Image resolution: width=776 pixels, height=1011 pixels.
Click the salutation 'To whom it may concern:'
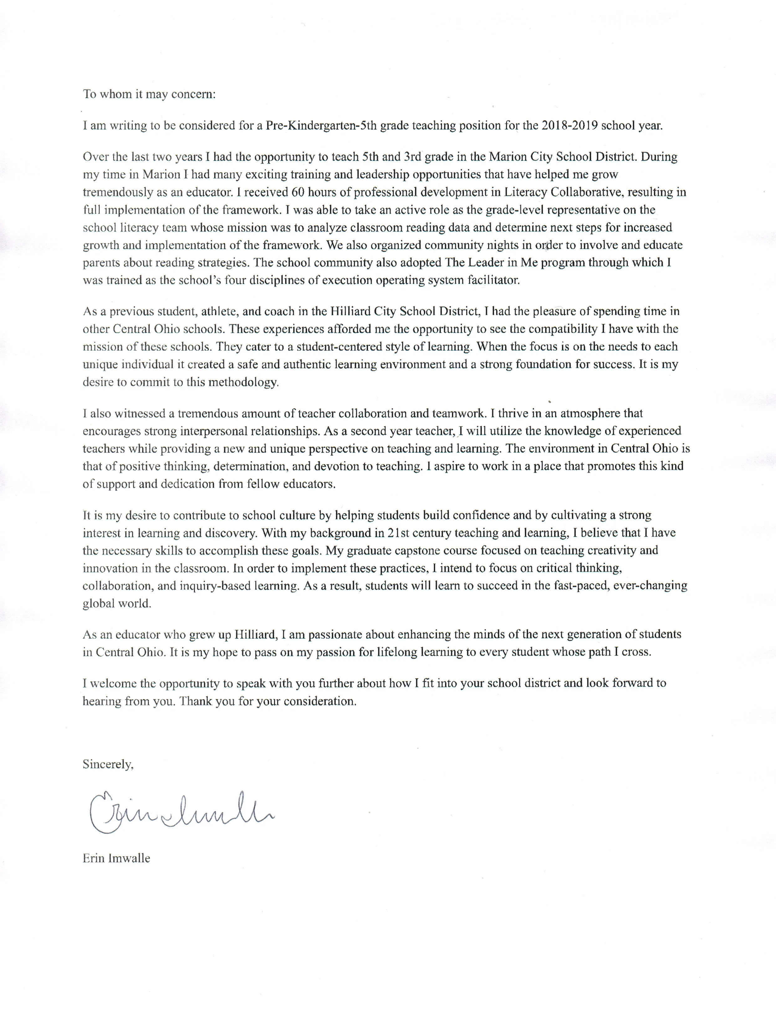point(149,95)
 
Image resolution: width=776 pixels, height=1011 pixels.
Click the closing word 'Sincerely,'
point(108,764)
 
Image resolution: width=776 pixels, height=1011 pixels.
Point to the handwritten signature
point(180,811)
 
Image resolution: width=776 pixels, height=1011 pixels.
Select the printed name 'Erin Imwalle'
point(116,859)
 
